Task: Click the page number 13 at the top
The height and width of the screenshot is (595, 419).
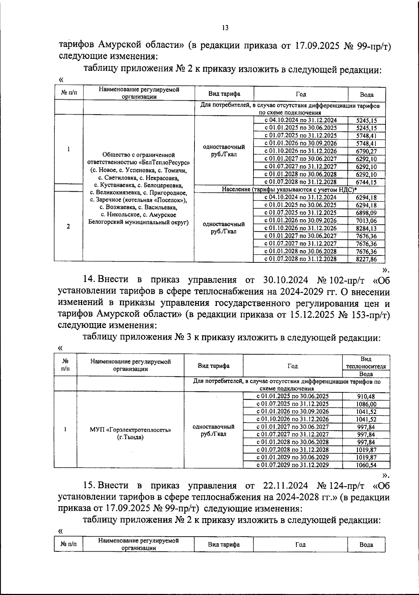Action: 225,28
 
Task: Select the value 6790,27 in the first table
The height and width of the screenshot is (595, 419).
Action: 366,151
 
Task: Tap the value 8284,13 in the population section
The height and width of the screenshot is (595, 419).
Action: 366,228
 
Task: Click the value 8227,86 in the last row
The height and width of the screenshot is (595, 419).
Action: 366,259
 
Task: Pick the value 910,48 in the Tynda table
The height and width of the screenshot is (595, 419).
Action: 366,396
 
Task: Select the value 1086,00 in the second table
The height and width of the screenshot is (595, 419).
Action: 366,404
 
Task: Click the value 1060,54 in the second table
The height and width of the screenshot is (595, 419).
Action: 366,465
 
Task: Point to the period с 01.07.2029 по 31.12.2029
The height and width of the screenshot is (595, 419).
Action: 293,465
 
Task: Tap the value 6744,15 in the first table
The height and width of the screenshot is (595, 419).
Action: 366,182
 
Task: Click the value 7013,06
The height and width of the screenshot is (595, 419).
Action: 366,220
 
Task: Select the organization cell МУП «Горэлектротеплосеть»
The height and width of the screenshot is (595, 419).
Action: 130,430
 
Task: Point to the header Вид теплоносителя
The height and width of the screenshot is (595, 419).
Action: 366,363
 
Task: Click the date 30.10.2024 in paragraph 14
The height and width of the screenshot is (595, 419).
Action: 284,280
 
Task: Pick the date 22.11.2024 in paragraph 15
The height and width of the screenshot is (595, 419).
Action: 284,485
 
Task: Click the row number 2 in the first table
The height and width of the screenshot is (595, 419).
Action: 68,226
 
